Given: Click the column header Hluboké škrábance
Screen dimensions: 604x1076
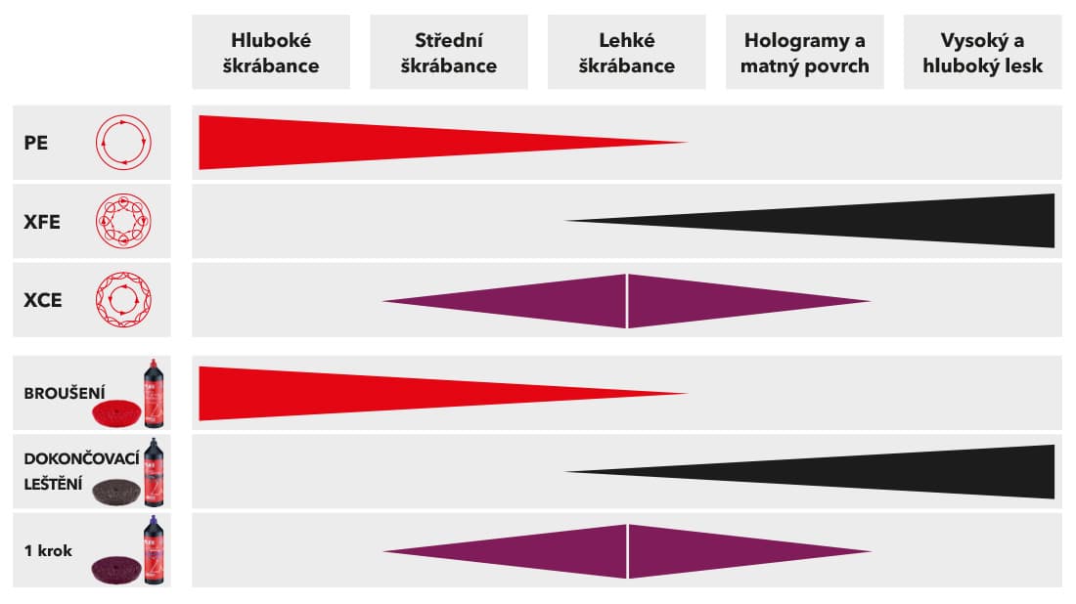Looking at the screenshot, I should tap(276, 53).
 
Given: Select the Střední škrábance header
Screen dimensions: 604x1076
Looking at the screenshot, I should tap(449, 53).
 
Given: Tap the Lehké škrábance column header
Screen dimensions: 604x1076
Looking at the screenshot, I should tap(626, 53).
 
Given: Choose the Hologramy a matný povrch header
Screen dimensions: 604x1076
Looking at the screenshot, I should tap(804, 53).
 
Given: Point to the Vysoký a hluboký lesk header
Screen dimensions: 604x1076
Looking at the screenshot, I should tap(982, 53).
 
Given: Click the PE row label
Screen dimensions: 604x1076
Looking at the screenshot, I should tap(36, 143).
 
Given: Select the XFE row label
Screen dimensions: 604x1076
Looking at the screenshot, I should tap(42, 222).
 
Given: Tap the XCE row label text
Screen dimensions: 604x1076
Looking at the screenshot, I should tap(42, 300).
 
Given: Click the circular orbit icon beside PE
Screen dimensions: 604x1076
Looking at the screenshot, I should tap(122, 143).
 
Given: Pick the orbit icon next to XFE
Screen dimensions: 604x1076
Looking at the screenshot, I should tap(122, 222).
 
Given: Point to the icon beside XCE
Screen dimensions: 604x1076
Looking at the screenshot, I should tap(122, 300).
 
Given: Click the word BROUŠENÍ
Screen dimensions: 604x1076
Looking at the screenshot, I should tap(65, 394).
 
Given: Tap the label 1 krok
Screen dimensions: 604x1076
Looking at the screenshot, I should tap(48, 550).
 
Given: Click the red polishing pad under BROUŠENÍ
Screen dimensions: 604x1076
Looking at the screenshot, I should tap(116, 412).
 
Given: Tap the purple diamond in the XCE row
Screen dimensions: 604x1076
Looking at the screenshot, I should tap(626, 301).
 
